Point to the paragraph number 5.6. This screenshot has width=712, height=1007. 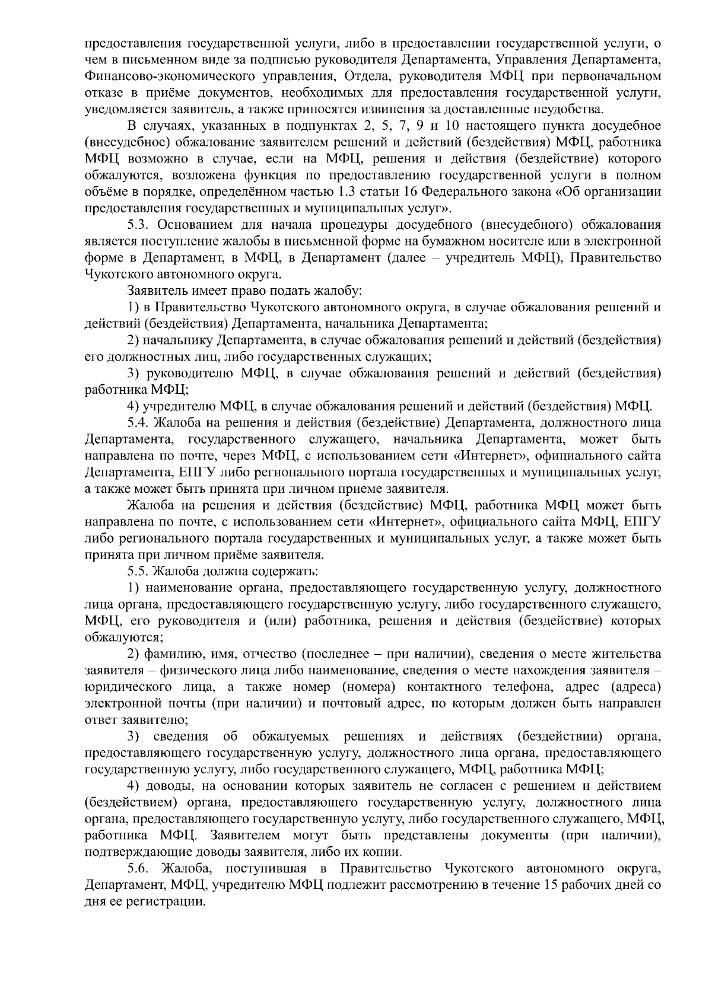click(140, 869)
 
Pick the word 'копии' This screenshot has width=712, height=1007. click(386, 853)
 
